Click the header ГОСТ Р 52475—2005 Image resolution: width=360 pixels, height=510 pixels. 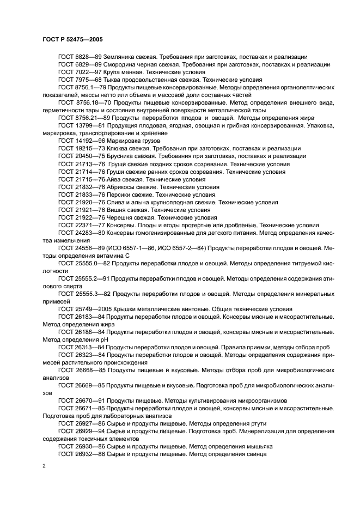72,40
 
